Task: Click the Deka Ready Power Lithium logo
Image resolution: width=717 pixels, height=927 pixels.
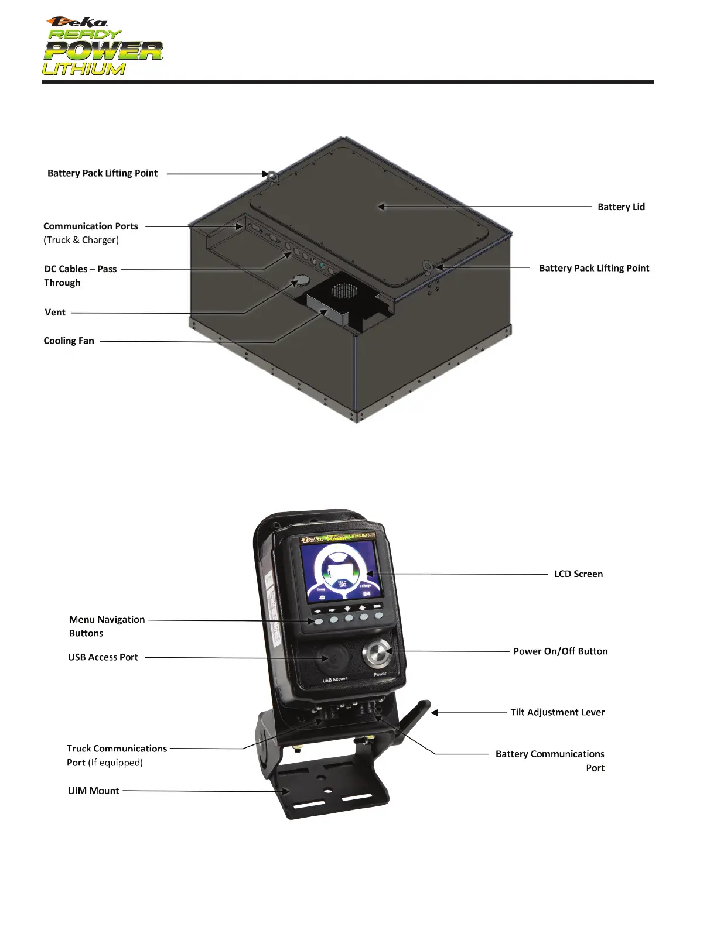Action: pos(103,47)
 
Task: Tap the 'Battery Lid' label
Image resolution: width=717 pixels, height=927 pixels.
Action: pos(621,207)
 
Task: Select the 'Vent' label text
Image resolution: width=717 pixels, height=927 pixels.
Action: pos(55,312)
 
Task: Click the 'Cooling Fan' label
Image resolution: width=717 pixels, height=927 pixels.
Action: pos(69,341)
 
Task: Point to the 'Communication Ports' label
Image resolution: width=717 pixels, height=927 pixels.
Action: pos(91,226)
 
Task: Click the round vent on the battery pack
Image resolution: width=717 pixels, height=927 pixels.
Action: pos(301,280)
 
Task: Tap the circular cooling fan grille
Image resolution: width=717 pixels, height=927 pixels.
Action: pos(343,291)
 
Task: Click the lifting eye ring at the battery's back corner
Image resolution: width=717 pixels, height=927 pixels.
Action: pos(272,174)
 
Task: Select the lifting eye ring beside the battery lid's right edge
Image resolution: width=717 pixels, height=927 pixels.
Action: pos(428,268)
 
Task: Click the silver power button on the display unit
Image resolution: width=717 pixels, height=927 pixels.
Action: pos(374,654)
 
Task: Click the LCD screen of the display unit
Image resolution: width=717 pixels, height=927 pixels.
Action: pos(337,571)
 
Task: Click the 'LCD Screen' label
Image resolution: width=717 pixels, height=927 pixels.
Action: pos(578,574)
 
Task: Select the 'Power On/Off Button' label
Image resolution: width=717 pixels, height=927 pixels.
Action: pos(560,651)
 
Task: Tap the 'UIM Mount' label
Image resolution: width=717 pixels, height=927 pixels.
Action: pos(93,791)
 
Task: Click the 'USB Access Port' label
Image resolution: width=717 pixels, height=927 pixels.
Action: pos(103,657)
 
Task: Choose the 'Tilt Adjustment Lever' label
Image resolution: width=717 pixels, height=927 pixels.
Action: pos(557,712)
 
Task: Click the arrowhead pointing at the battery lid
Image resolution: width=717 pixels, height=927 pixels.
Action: pos(381,207)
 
